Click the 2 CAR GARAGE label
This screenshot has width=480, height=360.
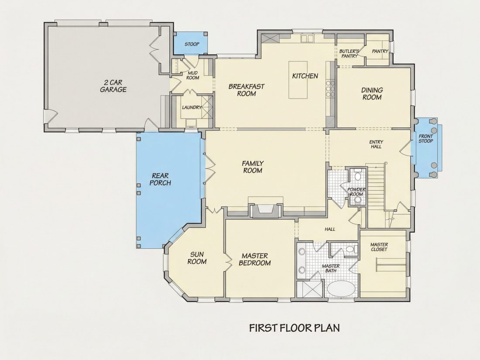[x=113, y=86]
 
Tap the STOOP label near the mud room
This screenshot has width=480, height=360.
[x=192, y=44]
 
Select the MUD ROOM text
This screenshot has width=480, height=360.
[x=192, y=75]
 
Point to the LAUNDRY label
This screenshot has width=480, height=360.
[x=192, y=107]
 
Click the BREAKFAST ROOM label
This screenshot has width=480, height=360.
[x=247, y=90]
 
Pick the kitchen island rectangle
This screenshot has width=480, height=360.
[x=298, y=80]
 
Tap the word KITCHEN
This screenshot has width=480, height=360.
[x=305, y=76]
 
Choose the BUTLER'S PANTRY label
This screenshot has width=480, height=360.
[x=349, y=54]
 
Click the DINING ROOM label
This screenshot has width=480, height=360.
[x=372, y=94]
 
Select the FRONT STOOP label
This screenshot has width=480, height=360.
[x=426, y=139]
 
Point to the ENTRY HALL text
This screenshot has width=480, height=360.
[x=376, y=144]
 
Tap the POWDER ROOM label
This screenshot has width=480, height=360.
[x=357, y=192]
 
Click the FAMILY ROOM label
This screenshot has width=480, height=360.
[x=253, y=167]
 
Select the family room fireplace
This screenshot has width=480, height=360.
[x=266, y=211]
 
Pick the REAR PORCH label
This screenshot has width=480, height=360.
[x=160, y=179]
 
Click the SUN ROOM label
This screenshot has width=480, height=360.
[x=197, y=258]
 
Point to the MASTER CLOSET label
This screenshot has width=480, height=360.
[x=379, y=247]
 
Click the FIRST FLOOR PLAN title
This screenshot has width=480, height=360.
[x=295, y=328]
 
